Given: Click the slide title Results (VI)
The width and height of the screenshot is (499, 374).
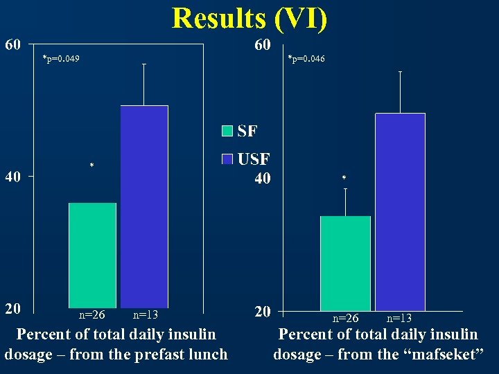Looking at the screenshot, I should pos(249,18).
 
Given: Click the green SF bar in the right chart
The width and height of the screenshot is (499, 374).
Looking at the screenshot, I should pos(345,263).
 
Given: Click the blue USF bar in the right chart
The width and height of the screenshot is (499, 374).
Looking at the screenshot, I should pos(400,211).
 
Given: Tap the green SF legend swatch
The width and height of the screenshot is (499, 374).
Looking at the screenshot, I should pos(228,131).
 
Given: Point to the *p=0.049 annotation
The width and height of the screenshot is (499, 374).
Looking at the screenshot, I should pos(61,59).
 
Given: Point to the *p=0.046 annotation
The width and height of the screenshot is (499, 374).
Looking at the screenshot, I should pos(306,60).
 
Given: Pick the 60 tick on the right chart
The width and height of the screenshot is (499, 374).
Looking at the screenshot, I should pos(262,46).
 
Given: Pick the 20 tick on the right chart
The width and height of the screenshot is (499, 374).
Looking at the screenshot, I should pos(262,312).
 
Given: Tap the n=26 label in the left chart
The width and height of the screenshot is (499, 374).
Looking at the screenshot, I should pos(91,315).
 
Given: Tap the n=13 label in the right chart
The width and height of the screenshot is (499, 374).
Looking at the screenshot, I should pos(399,319).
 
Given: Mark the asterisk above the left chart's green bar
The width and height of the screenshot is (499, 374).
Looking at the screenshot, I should pos(91,166).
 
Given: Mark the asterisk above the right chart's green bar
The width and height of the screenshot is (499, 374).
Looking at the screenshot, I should pos(344,179).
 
